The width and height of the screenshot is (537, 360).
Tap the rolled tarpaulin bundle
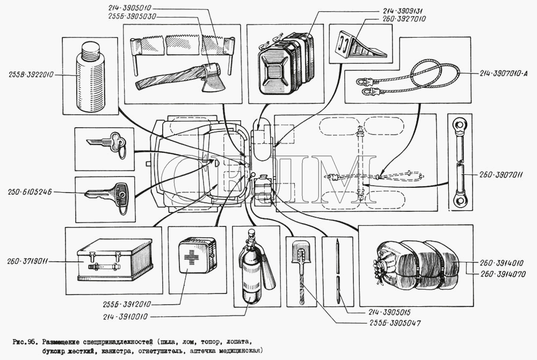[x=416, y=266]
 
